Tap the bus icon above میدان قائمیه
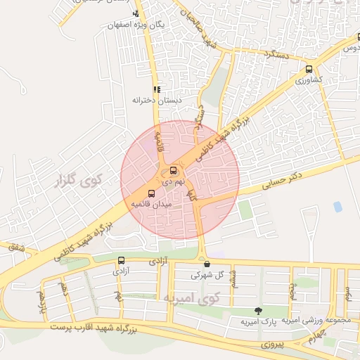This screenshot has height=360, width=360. (x=151, y=193)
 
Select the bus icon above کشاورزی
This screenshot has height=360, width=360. (x=309, y=69)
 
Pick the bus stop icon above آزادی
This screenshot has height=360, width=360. (x=121, y=259)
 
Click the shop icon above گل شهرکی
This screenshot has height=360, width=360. (x=206, y=264)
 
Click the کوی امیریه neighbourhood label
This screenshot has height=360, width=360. (x=191, y=298)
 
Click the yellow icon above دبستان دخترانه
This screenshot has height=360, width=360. (x=156, y=89)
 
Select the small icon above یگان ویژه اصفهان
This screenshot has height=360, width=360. (x=136, y=13)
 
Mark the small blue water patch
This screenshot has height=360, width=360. (x=338, y=207)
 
